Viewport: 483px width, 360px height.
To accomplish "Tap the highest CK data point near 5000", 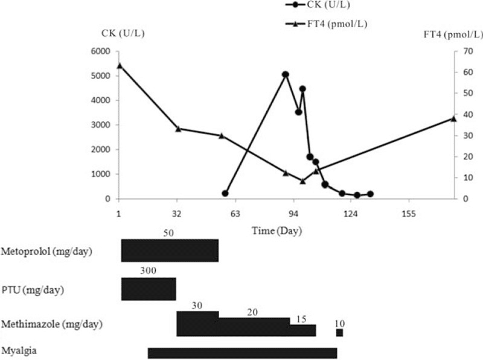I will pyautogui.click(x=286, y=74).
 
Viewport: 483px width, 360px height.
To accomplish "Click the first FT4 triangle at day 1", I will pyautogui.click(x=119, y=65).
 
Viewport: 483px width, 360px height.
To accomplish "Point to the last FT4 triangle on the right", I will pyautogui.click(x=453, y=118).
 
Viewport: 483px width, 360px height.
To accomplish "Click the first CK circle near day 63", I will pyautogui.click(x=225, y=193).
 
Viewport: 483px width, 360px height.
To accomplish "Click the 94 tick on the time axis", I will pyautogui.click(x=294, y=213).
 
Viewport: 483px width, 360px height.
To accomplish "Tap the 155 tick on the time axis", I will pyautogui.click(x=409, y=213).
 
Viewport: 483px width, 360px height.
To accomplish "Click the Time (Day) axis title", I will pyautogui.click(x=277, y=231).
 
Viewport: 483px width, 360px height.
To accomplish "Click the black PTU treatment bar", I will pyautogui.click(x=149, y=289).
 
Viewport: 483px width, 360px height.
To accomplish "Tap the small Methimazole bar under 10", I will pyautogui.click(x=339, y=333).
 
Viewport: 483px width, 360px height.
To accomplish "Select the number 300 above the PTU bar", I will pyautogui.click(x=148, y=271).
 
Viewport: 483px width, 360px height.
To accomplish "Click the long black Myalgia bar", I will pyautogui.click(x=241, y=353).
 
